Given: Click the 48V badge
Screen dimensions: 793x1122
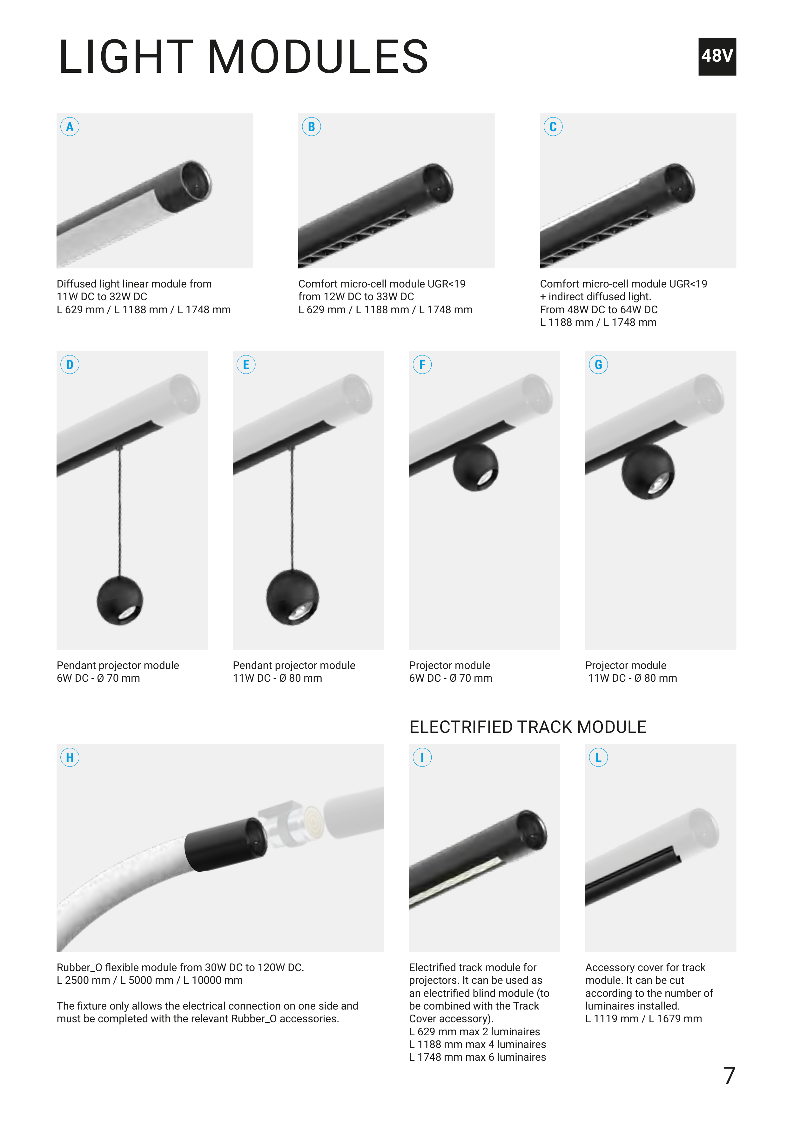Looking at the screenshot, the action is click(x=717, y=56).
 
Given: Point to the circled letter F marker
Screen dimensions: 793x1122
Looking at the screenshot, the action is click(x=422, y=365).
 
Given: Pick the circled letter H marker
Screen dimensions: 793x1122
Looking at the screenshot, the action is click(x=70, y=757).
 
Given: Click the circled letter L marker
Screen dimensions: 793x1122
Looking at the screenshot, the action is click(x=599, y=757).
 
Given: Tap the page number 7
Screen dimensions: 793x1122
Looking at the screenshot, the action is click(x=729, y=1076).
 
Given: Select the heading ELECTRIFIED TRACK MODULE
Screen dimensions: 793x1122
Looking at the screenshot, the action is click(x=528, y=727).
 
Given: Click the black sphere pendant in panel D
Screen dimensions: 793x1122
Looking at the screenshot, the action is click(x=120, y=601).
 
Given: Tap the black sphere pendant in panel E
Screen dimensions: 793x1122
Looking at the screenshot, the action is click(x=292, y=597).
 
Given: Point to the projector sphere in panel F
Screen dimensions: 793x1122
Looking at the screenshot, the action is click(x=475, y=467).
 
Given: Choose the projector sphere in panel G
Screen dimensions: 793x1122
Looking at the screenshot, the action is click(x=648, y=471).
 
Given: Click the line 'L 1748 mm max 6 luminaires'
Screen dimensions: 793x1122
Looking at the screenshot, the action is click(x=477, y=1057).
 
